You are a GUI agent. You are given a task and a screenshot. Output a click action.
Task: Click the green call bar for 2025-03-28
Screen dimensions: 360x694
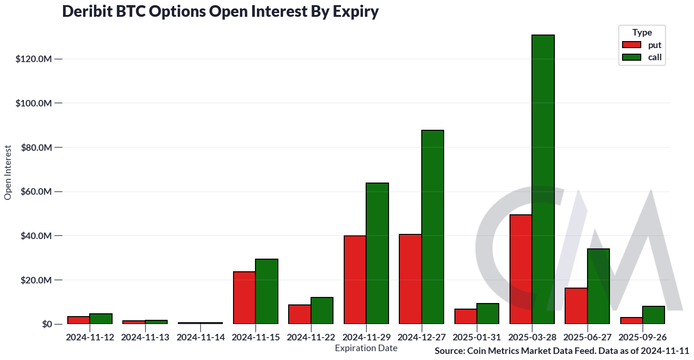pyautogui.click(x=543, y=179)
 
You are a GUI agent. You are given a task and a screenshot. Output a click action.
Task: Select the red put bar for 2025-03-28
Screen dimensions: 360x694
pyautogui.click(x=521, y=269)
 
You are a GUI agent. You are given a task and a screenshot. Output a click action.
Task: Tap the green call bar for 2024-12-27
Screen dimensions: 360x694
pyautogui.click(x=432, y=227)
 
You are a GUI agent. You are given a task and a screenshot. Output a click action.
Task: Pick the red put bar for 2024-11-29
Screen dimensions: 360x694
pyautogui.click(x=355, y=280)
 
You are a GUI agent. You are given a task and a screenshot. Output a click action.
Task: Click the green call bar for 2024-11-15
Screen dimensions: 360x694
pyautogui.click(x=267, y=291)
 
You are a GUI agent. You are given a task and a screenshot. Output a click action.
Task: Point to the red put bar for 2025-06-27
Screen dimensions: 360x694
pyautogui.click(x=576, y=306)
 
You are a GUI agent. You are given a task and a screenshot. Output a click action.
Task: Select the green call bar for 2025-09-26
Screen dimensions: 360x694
pyautogui.click(x=653, y=315)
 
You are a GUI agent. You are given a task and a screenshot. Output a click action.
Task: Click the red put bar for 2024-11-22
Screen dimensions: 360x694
pyautogui.click(x=300, y=314)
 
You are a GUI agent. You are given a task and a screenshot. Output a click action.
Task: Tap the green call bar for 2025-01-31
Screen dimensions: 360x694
pyautogui.click(x=488, y=314)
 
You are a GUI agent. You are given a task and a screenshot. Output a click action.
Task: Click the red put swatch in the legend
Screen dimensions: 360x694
pyautogui.click(x=631, y=45)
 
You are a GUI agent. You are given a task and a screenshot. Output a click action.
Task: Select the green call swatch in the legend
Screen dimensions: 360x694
pyautogui.click(x=631, y=57)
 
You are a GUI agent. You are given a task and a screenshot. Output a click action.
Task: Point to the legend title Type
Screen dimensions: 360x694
pyautogui.click(x=642, y=33)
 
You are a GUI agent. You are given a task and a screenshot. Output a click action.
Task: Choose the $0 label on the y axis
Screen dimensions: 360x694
pyautogui.click(x=45, y=325)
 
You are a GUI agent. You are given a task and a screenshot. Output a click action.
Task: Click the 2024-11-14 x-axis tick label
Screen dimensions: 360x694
pyautogui.click(x=200, y=337)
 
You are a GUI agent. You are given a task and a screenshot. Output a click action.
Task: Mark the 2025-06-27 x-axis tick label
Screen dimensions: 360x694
pyautogui.click(x=588, y=337)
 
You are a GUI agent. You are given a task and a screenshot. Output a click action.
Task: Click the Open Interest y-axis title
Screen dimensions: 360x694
pyautogui.click(x=7, y=173)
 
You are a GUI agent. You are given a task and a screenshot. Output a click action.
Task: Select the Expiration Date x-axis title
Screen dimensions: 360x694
pyautogui.click(x=366, y=348)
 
